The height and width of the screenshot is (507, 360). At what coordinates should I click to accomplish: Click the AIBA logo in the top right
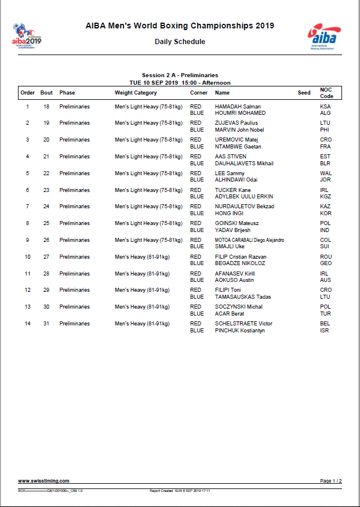[x=324, y=37]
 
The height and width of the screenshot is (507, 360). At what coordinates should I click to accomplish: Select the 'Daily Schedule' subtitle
[x=180, y=42]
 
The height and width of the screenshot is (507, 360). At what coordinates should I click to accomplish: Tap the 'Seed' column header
[x=304, y=93]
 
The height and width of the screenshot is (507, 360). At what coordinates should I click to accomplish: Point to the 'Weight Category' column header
[x=136, y=93]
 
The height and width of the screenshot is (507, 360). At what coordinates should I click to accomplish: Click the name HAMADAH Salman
[x=238, y=107]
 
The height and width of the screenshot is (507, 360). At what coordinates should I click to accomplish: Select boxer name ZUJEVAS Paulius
[x=237, y=123]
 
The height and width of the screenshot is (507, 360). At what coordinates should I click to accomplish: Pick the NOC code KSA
[x=325, y=107]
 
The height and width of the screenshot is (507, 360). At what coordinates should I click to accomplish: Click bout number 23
[x=46, y=190]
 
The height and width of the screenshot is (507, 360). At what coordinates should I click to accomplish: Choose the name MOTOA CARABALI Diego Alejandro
[x=249, y=240]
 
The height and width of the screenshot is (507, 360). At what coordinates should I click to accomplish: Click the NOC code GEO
[x=326, y=263]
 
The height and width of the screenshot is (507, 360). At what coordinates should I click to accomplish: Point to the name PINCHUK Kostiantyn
[x=240, y=330]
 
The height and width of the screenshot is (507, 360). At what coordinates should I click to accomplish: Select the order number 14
[x=27, y=324]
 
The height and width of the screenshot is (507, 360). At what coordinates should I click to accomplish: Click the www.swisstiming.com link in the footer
[x=44, y=481]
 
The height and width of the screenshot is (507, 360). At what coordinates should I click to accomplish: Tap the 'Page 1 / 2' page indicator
[x=330, y=481]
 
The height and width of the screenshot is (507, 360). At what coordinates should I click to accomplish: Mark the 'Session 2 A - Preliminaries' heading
[x=180, y=75]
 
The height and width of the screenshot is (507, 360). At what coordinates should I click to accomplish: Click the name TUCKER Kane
[x=233, y=190]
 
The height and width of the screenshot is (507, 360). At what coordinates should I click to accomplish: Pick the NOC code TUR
[x=325, y=313]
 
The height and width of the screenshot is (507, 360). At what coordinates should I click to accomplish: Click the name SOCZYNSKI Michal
[x=238, y=307]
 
